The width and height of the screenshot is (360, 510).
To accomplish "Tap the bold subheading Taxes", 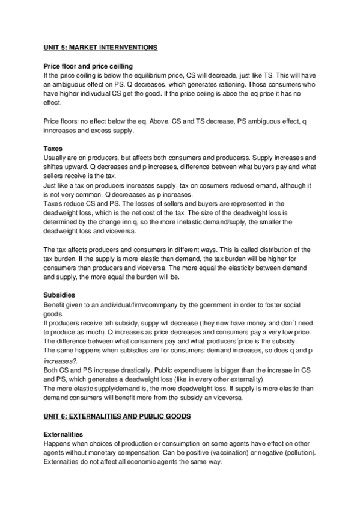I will pos(55,149).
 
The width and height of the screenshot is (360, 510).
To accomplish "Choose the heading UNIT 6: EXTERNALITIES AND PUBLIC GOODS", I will pos(114,416).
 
